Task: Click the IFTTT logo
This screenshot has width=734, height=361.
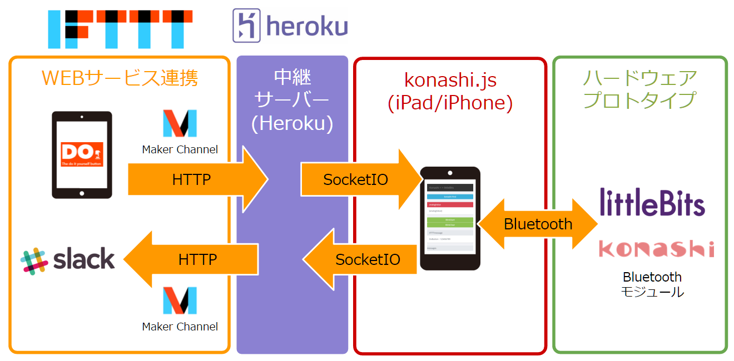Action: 120,28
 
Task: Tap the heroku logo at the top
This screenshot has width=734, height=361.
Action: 290,26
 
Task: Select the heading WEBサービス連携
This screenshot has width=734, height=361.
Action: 120,78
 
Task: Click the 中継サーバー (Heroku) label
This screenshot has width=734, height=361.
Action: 292,101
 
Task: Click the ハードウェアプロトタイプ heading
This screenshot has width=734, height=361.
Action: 639,89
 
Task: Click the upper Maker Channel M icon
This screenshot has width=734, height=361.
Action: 180,123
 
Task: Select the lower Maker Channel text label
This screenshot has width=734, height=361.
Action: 180,327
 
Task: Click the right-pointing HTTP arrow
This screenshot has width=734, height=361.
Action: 195,179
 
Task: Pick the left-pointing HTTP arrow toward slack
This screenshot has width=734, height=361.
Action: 195,259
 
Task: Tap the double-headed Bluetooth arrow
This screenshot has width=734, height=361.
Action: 537,224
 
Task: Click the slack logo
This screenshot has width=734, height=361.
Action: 68,260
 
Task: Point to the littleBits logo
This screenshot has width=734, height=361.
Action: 652,202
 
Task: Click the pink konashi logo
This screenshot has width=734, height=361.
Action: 656,249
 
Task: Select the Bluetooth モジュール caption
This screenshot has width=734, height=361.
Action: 652,284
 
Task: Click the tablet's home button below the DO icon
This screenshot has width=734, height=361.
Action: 82,193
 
